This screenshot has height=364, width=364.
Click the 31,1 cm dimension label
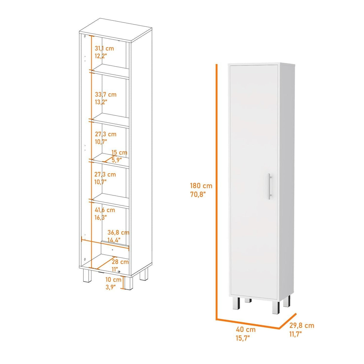(104, 48)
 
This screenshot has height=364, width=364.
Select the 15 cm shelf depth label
(120, 153)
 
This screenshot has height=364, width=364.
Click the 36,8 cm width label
(118, 232)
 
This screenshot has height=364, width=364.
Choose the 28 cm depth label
(120, 262)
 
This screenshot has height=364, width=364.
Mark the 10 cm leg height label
(113, 279)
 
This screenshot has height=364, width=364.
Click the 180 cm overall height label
(201, 186)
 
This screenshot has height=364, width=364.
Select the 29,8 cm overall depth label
(302, 325)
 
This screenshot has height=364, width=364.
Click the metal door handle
(270, 186)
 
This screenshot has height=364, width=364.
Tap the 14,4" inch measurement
(114, 240)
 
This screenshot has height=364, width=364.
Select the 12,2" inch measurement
(101, 56)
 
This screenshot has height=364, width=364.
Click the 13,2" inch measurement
(101, 102)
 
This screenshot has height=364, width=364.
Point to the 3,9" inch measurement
(112, 287)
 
